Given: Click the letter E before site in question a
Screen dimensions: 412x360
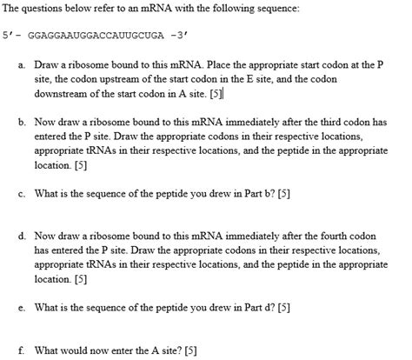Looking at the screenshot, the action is tap(254, 79).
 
